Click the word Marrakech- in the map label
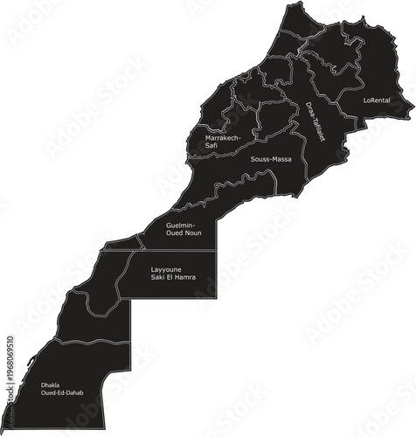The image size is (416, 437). pyautogui.click(x=224, y=138)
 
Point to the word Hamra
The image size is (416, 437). pyautogui.click(x=184, y=278)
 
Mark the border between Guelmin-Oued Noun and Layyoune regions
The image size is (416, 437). pyautogui.click(x=175, y=251)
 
